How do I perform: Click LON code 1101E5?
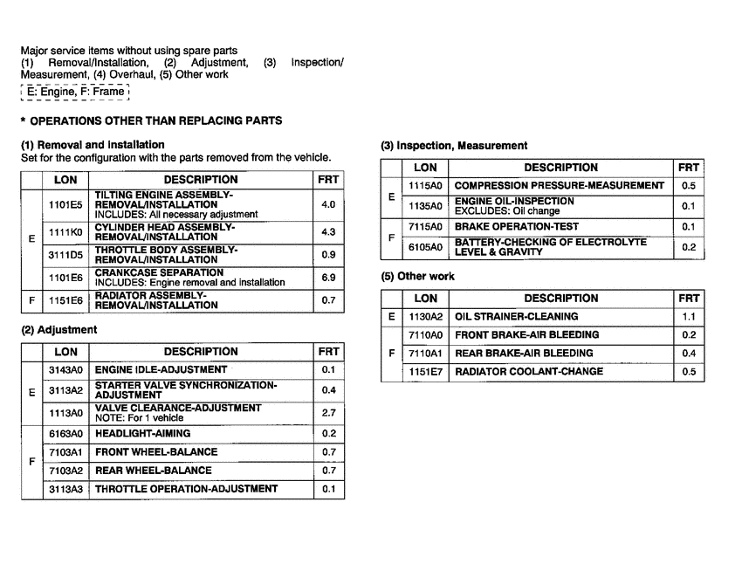pos(65,204)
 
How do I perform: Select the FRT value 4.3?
pos(328,233)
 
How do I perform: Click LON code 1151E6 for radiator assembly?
pos(65,300)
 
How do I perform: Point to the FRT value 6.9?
pos(328,278)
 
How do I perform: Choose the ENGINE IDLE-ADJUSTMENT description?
pos(161,370)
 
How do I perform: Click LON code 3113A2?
pos(65,390)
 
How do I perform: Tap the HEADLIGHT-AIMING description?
pos(142,433)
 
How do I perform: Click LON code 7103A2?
pos(65,471)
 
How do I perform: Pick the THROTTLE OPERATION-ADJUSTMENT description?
pos(186,489)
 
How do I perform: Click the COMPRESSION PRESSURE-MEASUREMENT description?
pos(560,185)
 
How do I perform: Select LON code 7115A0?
pos(425,227)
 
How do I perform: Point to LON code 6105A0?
pos(425,247)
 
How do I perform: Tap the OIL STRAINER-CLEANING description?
pos(517,316)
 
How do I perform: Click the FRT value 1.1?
pos(689,316)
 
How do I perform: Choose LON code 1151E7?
pos(425,372)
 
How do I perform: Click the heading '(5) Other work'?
pos(417,277)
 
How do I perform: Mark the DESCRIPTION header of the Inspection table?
pos(560,168)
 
